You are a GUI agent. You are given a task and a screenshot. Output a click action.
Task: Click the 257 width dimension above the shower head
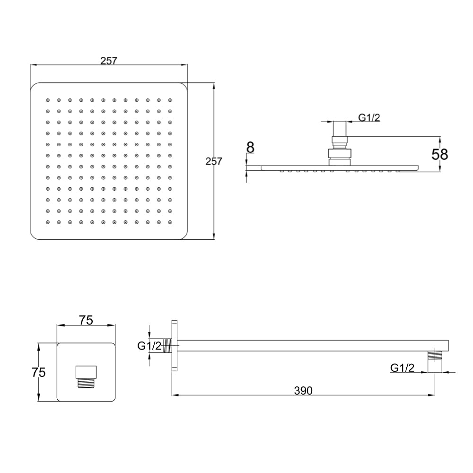[109, 61]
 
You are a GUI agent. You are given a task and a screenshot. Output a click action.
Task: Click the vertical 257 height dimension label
[214, 161]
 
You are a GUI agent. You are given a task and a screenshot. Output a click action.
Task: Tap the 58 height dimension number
[439, 154]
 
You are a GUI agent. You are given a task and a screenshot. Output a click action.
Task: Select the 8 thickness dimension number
[250, 147]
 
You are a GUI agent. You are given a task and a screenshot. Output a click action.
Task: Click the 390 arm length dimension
[303, 391]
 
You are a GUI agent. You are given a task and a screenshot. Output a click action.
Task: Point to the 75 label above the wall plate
[86, 320]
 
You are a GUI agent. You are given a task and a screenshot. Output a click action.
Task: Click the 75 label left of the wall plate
[38, 372]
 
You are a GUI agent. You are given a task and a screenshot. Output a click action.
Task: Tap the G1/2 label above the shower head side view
[369, 118]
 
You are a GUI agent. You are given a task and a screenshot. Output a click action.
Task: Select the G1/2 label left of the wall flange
[149, 346]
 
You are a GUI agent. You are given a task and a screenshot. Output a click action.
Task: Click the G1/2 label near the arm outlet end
[403, 368]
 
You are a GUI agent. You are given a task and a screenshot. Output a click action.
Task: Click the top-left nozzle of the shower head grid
[47, 100]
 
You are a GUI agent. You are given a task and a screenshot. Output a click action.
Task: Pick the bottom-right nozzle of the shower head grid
[170, 222]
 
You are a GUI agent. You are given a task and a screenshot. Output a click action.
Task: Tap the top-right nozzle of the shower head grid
[170, 100]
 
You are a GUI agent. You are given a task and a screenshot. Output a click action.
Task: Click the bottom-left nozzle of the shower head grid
[47, 222]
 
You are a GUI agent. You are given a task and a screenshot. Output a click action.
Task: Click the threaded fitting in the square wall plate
[86, 377]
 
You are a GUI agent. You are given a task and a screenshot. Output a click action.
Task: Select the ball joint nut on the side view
[340, 153]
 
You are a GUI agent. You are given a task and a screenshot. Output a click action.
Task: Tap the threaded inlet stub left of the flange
[167, 347]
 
